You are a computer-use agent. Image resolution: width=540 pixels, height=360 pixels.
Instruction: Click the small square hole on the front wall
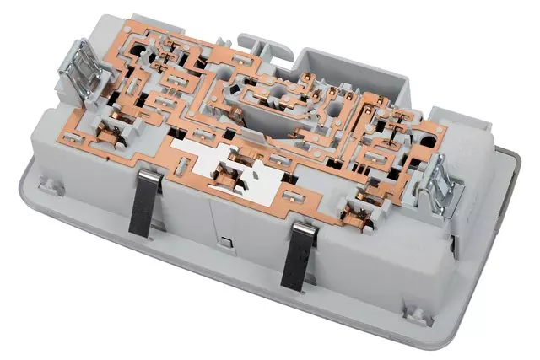[x=227, y=244]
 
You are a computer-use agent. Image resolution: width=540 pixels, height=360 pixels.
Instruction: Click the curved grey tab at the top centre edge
[x=258, y=40]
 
